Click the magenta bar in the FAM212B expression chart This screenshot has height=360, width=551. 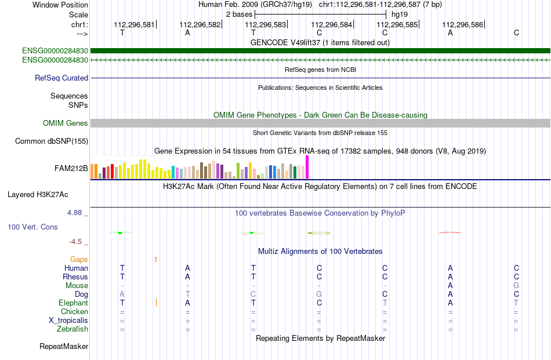[x=307, y=167]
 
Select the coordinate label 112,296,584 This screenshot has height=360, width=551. [x=331, y=24]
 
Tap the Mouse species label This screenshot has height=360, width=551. [x=77, y=286]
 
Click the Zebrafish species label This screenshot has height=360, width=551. [x=72, y=329]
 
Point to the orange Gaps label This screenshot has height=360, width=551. [x=79, y=259]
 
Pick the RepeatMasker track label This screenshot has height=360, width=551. [x=64, y=346]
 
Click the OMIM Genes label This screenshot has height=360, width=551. [x=66, y=123]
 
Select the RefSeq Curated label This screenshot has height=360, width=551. [x=61, y=78]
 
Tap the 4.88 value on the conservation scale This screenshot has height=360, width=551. [x=74, y=213]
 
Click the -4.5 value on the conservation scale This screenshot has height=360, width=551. [x=75, y=242]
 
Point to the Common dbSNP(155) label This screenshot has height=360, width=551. [x=52, y=141]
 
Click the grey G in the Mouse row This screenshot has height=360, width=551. [x=516, y=285]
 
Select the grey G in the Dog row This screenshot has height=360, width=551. [x=319, y=294]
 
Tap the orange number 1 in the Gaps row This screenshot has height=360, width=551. [x=155, y=260]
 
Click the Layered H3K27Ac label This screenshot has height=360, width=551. [x=38, y=195]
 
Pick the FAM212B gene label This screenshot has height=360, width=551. [x=71, y=169]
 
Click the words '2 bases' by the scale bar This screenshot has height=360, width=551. [x=240, y=14]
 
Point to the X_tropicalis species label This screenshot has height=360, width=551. [x=68, y=321]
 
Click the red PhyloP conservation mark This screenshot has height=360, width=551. [x=450, y=232]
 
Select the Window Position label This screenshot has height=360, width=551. [x=60, y=5]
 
